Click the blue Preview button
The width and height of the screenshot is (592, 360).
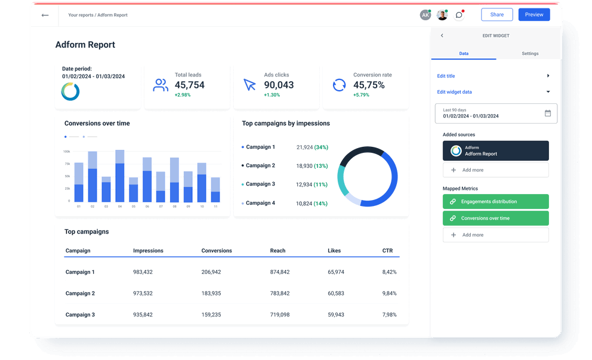534,15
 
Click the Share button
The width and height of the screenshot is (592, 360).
497,15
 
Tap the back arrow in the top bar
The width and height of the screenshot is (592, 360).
45,15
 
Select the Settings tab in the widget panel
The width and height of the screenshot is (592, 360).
529,54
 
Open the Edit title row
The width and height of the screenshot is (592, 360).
493,76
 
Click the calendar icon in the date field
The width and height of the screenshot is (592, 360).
547,113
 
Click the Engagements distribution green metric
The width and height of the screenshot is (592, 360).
495,202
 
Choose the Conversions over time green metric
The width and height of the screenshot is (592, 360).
495,219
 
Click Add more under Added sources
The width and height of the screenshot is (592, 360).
495,170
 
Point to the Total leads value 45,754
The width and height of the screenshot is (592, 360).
189,85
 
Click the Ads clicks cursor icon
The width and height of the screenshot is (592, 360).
249,85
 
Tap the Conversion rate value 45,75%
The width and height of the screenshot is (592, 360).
369,85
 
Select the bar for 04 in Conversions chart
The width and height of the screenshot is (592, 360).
120,176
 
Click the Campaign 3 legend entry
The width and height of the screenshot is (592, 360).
260,184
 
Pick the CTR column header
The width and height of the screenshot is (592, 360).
387,251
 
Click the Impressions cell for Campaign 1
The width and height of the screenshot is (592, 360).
143,272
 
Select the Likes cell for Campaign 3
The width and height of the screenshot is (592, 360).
335,315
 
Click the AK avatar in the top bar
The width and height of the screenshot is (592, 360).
425,15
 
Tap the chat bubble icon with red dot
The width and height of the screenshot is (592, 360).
458,15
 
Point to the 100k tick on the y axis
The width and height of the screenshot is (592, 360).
66,152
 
